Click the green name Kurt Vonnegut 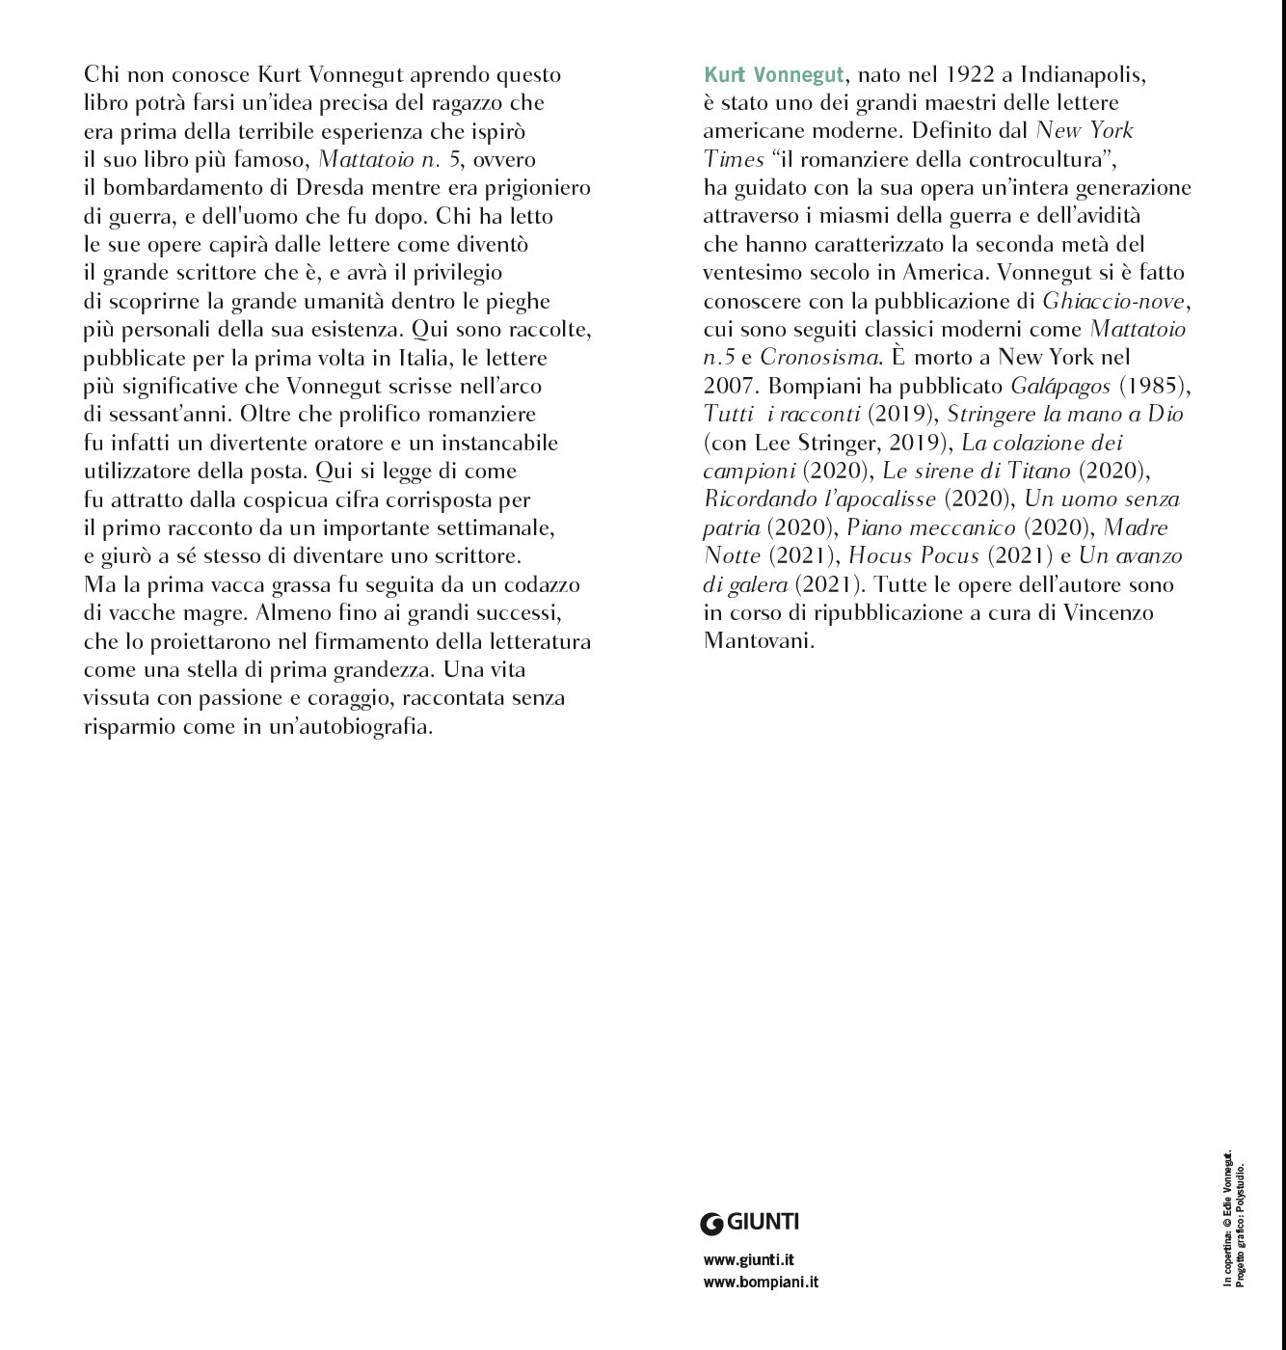pos(774,75)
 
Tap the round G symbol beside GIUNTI pos(711,1224)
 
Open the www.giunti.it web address pos(749,1259)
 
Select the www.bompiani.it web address pos(761,1282)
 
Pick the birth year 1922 pos(971,75)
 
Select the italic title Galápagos pos(1059,386)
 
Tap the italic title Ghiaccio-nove pos(1113,301)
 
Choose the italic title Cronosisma pos(818,358)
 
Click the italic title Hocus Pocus pos(913,556)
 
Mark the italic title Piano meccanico pos(930,528)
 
